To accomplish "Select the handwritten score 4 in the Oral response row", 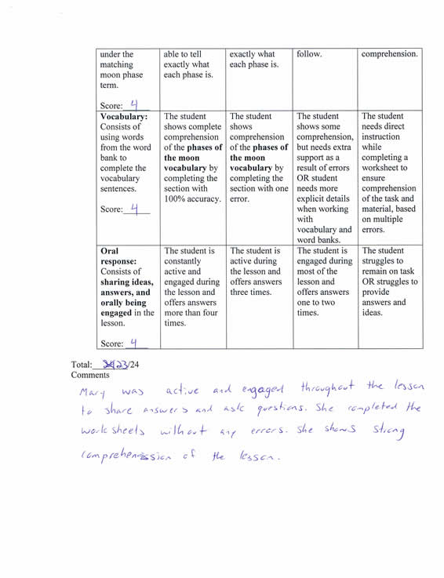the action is coord(134,341).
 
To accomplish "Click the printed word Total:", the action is coord(82,365).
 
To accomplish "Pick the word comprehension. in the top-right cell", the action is coord(389,55).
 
